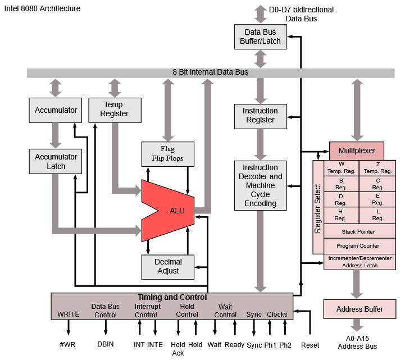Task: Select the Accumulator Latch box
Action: [x=56, y=161]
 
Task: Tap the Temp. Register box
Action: [x=115, y=109]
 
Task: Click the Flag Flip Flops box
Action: [x=167, y=154]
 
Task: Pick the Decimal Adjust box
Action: [x=167, y=266]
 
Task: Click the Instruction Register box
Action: [x=260, y=115]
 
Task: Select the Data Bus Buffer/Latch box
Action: [x=260, y=37]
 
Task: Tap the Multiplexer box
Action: [x=356, y=151]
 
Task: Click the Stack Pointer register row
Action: [x=358, y=231]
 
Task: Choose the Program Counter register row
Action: [x=358, y=246]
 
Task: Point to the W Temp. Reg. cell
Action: [x=342, y=167]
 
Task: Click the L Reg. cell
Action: [x=377, y=215]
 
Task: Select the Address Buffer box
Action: [x=360, y=309]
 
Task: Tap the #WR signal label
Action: [x=69, y=344]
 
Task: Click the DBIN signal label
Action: [x=105, y=344]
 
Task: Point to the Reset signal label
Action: [x=310, y=345]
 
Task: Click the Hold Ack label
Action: [x=178, y=349]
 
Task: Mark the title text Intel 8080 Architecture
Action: [x=42, y=8]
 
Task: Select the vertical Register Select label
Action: [x=318, y=208]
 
